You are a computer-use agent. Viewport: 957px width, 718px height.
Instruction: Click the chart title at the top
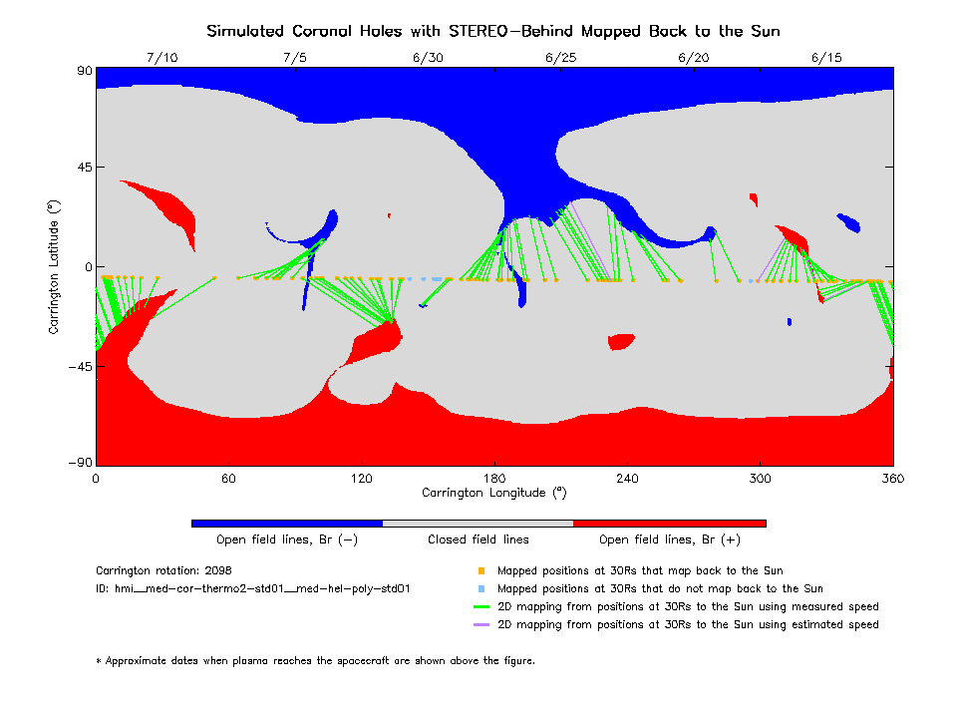493,31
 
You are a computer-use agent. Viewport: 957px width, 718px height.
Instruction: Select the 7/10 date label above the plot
161,58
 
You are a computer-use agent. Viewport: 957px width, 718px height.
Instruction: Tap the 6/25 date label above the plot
561,58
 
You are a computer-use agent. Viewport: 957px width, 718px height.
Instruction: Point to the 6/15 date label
826,58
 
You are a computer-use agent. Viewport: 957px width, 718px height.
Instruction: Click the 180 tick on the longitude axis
494,479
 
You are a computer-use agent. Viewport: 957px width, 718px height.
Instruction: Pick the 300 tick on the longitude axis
761,479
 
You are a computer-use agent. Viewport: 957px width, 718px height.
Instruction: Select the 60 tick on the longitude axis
228,479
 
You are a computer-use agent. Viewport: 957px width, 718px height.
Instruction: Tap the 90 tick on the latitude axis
84,71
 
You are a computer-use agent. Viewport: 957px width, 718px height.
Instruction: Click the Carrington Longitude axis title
493,493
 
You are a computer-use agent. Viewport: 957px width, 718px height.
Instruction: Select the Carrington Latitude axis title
54,266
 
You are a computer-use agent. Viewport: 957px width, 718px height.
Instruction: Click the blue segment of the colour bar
287,523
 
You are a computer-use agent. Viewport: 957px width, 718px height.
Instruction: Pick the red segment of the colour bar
670,523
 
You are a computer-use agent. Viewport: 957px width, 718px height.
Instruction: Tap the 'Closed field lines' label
478,539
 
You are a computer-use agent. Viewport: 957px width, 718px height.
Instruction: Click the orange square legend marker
480,571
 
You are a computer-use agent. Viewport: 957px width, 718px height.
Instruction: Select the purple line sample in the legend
480,625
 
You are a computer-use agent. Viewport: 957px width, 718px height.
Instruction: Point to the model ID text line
253,589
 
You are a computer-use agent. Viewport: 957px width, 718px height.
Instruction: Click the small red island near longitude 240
621,341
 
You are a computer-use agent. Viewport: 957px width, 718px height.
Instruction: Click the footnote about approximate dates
315,660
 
